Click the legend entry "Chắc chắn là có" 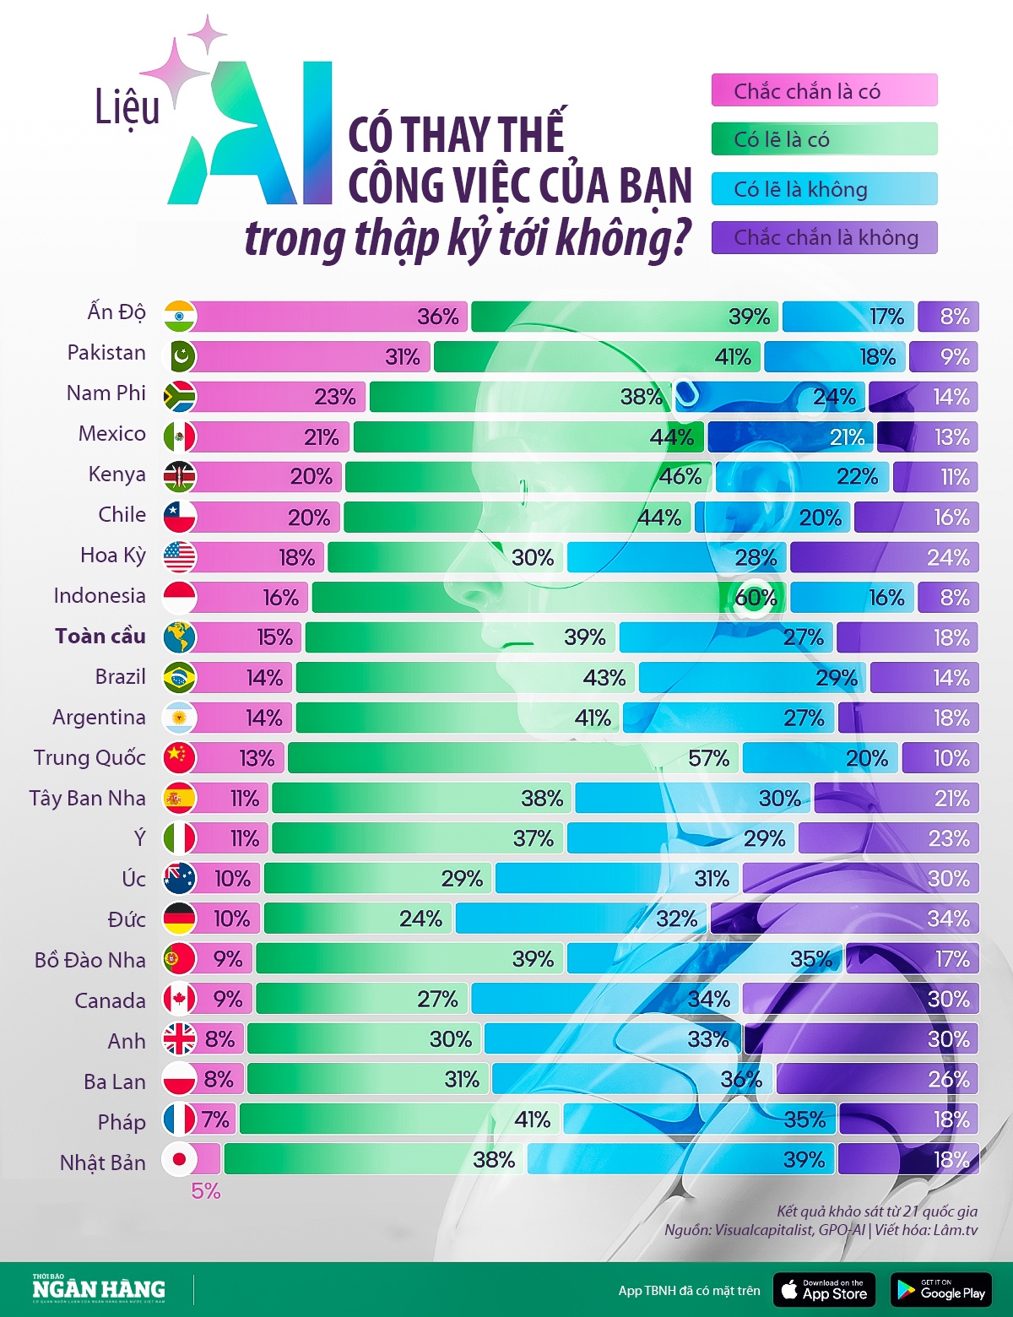[x=824, y=90]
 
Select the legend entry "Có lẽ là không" [x=824, y=189]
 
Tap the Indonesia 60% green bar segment [x=549, y=597]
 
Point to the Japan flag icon [x=179, y=1159]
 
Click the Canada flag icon [x=179, y=999]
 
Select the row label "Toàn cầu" [x=100, y=637]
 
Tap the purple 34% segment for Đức [x=844, y=918]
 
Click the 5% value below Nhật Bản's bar [x=205, y=1191]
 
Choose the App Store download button [x=824, y=1290]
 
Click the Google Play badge [x=940, y=1290]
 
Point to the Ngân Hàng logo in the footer [x=99, y=1289]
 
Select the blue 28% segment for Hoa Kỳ [x=677, y=557]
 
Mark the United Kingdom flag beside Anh [x=179, y=1038]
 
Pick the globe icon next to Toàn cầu [x=179, y=637]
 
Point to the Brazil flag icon [x=179, y=677]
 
